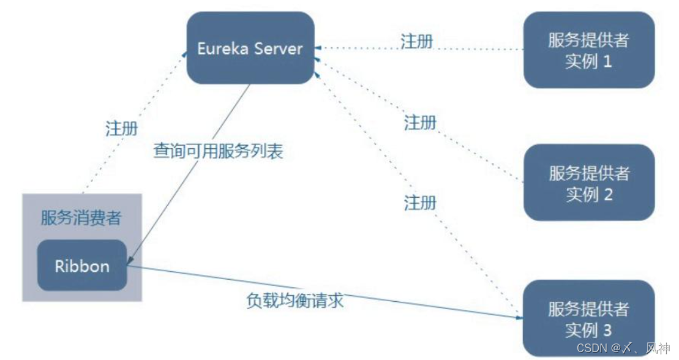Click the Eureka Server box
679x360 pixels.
click(251, 48)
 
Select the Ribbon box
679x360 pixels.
click(82, 266)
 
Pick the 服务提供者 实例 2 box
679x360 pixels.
click(588, 183)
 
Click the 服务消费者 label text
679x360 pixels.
click(81, 218)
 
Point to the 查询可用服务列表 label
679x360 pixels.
click(218, 151)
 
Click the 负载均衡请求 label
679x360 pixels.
click(294, 300)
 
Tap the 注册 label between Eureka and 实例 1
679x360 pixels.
click(417, 42)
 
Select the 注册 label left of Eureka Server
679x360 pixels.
click(121, 129)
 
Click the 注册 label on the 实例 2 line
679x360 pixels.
click(420, 123)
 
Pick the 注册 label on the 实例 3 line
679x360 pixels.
click(420, 203)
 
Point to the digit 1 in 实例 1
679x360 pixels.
click(607, 62)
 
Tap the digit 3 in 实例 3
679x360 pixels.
click(607, 331)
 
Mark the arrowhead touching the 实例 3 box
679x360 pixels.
click(518, 317)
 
